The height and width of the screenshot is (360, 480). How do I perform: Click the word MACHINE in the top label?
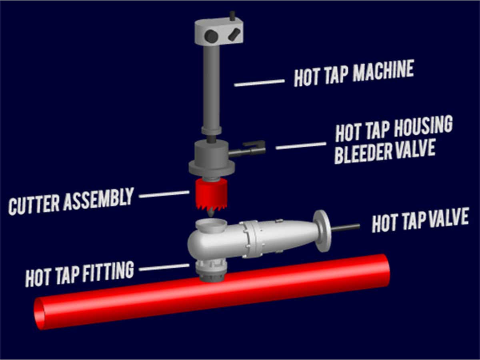click(383, 71)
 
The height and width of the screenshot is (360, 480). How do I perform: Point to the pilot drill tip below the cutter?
click(210, 213)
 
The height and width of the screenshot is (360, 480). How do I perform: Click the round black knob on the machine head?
click(211, 36)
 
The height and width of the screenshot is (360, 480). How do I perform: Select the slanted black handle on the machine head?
click(234, 34)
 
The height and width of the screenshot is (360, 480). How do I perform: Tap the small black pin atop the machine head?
click(232, 15)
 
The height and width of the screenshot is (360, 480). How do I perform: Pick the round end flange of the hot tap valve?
click(322, 231)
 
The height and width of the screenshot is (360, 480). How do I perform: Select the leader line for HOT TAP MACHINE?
click(259, 83)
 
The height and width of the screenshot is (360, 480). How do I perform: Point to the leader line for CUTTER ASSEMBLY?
click(164, 194)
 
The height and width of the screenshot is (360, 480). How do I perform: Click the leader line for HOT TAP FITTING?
click(164, 267)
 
